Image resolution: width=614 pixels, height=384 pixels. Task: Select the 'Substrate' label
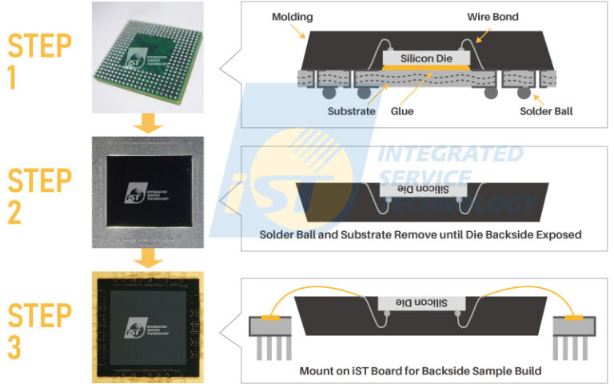click(x=351, y=111)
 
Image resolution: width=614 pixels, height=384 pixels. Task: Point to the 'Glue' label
click(x=402, y=111)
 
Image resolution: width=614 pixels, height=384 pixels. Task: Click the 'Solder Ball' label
click(x=547, y=111)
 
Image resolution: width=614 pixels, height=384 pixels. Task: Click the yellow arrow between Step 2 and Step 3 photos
click(x=147, y=258)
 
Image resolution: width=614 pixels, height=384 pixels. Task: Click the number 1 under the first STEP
click(x=17, y=77)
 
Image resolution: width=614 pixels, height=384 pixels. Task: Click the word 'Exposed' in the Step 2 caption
click(x=555, y=234)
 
